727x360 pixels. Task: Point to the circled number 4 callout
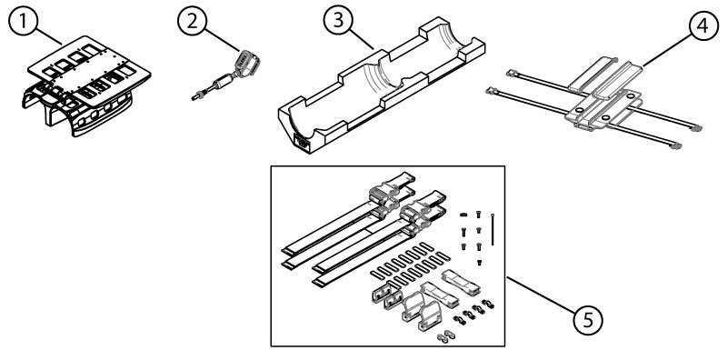point(702,25)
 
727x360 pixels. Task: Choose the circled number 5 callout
point(588,319)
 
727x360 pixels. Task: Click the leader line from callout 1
point(49,35)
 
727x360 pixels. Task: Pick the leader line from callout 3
point(362,39)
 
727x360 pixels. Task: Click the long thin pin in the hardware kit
point(492,229)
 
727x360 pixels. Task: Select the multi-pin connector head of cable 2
point(247,62)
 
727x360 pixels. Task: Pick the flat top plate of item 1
point(89,70)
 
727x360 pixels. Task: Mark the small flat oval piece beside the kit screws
point(463,215)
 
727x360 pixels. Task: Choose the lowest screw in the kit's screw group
point(480,263)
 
